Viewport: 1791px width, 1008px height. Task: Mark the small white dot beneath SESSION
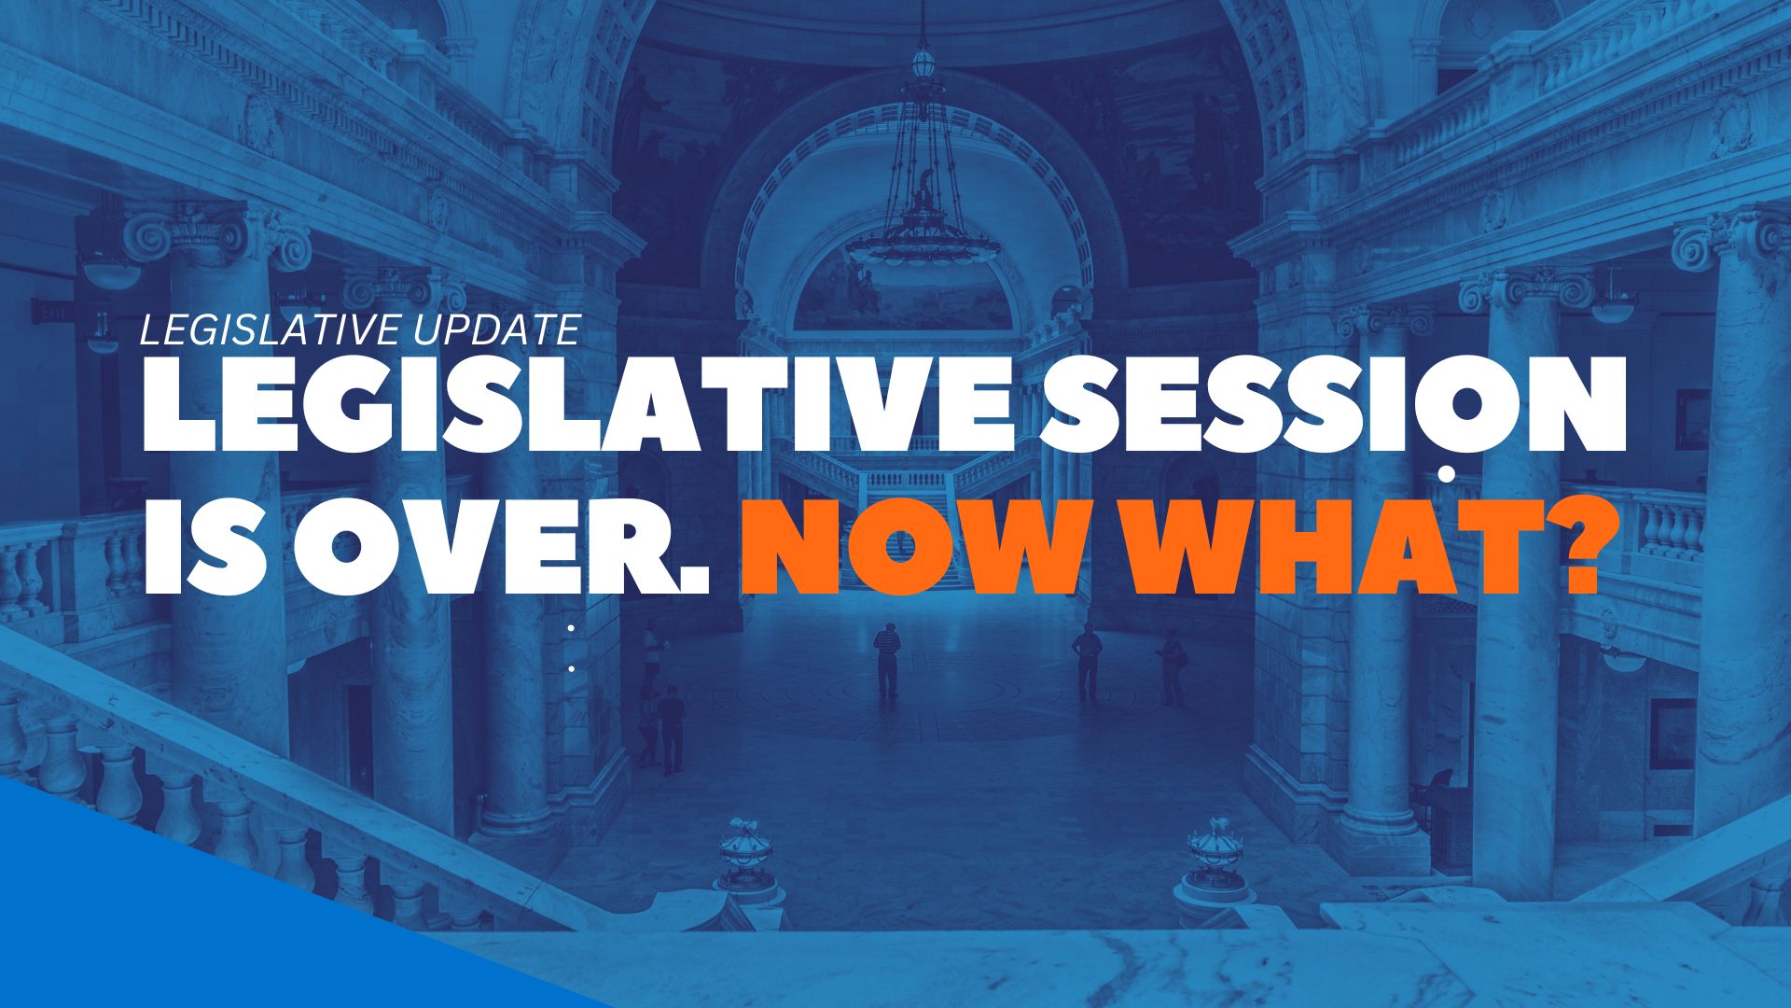(1447, 474)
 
